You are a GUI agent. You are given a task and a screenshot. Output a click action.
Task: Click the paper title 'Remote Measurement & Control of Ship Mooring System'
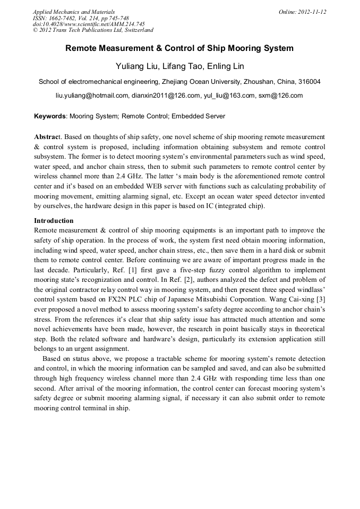pyautogui.click(x=179, y=48)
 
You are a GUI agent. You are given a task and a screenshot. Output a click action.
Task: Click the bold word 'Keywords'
pyautogui.click(x=50, y=116)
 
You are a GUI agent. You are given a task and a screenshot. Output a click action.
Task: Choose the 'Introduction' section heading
pyautogui.click(x=54, y=220)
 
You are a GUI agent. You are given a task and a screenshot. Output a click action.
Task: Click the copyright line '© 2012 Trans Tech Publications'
pyautogui.click(x=93, y=31)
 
